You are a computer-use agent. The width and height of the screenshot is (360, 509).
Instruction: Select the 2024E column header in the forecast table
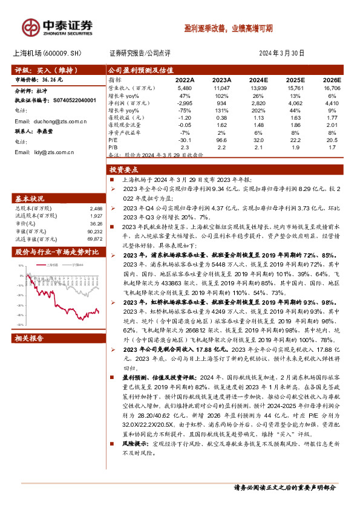pos(258,80)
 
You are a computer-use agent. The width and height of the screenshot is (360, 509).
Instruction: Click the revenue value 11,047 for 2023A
pos(222,88)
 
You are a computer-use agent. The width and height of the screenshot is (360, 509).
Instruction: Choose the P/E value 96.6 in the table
pos(222,140)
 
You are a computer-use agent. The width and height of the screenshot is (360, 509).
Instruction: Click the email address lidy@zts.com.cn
pos(53,152)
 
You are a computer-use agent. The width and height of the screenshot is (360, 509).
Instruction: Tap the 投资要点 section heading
pos(124,170)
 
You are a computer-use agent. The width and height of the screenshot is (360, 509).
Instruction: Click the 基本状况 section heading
pos(29,198)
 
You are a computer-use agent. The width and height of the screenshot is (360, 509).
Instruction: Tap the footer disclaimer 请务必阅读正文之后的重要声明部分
pos(285,487)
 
